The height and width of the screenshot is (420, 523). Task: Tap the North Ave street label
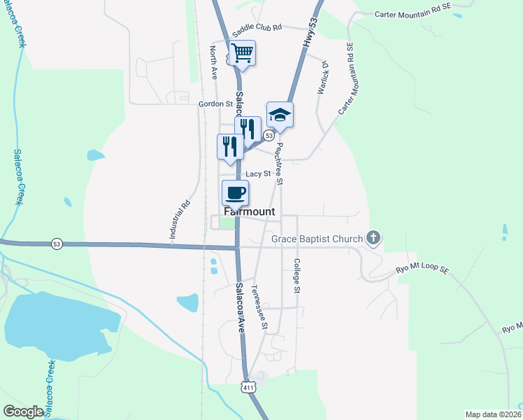tap(213, 63)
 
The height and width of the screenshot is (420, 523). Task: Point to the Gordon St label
tap(215, 104)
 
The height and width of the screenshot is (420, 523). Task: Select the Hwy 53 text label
tap(308, 34)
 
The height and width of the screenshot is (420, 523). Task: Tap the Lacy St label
tap(258, 174)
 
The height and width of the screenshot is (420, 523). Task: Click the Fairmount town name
tap(249, 211)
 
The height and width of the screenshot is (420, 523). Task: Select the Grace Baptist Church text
tap(317, 239)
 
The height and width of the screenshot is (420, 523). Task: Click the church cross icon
tap(374, 239)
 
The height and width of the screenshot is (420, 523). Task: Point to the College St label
tap(296, 276)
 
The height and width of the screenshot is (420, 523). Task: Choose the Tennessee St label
tap(259, 307)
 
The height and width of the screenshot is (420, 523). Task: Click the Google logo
tap(23, 412)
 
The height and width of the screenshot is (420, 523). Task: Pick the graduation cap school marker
tap(280, 114)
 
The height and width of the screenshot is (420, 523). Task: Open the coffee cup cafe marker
tap(235, 192)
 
